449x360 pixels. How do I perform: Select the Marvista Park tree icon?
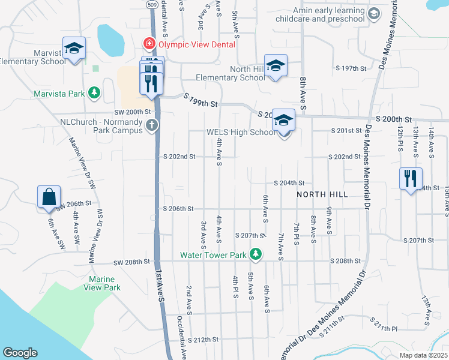point(94,93)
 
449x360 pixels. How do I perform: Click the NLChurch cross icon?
point(152,125)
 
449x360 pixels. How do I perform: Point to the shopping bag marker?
point(49,197)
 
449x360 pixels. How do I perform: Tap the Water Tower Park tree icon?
point(256,254)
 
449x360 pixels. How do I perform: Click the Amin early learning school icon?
point(373,14)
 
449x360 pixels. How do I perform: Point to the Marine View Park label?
point(104,283)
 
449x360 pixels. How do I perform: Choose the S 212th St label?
point(203,340)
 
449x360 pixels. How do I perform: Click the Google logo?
point(20,353)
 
